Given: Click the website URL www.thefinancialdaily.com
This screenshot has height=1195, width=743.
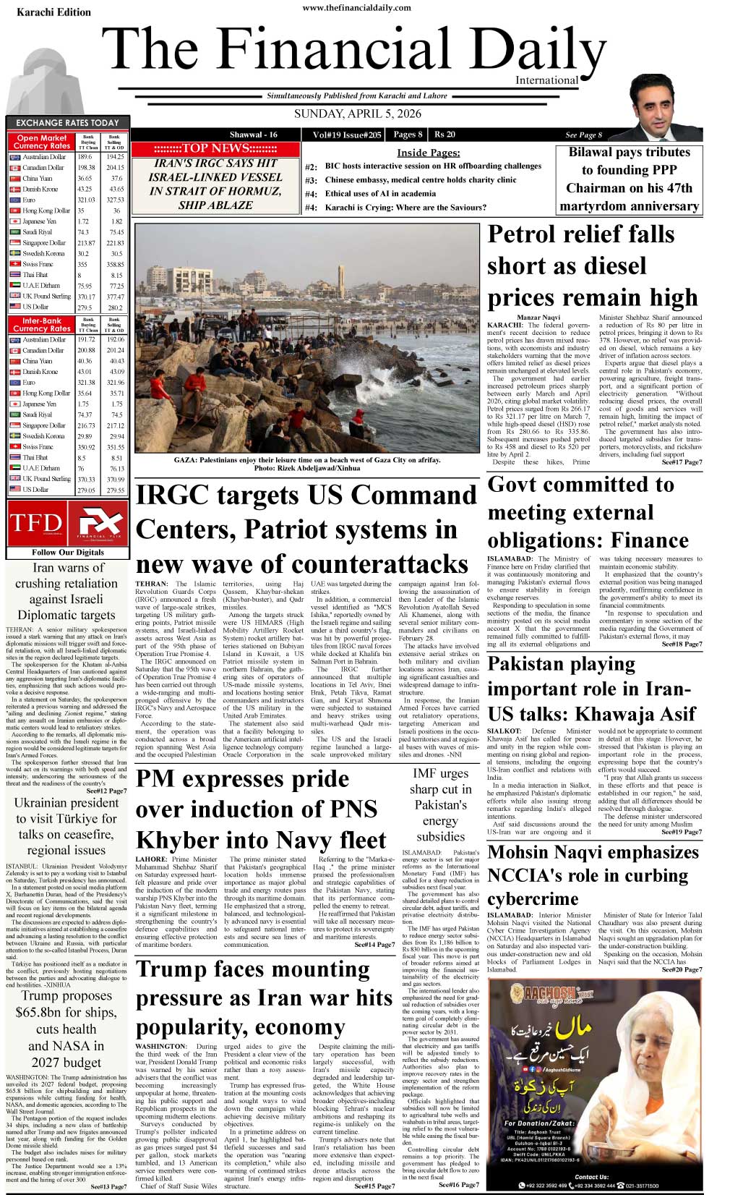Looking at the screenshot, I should pos(356,8).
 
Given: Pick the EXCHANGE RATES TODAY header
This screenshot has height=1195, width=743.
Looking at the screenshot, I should pos(67,123).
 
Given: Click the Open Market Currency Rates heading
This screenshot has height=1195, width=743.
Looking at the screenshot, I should pos(42,142).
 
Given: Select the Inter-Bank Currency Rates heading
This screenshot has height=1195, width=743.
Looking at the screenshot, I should pos(42,324).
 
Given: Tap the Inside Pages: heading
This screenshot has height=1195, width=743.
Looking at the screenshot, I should pos(428,153).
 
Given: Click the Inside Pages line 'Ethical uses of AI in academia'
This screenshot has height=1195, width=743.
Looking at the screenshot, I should pos(380,194).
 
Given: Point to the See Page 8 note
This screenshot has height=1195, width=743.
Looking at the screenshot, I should pos(583,135).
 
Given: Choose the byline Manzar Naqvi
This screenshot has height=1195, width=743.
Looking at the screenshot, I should pos(538,318).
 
